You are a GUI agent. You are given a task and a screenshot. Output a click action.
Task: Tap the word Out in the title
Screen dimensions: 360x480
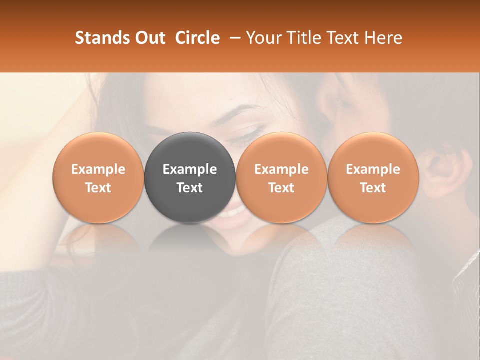[150, 38]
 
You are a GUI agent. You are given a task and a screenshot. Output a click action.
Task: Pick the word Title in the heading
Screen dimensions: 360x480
[303, 38]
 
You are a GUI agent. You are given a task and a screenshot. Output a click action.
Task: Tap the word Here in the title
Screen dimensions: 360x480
[383, 38]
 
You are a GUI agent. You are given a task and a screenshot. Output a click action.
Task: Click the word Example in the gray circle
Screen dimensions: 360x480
[190, 169]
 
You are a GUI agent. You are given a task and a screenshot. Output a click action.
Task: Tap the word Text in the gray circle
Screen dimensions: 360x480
[190, 188]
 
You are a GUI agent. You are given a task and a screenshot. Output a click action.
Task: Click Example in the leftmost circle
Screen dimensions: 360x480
[98, 169]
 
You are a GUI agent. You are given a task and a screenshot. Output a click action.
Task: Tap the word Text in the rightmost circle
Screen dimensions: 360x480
[373, 188]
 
